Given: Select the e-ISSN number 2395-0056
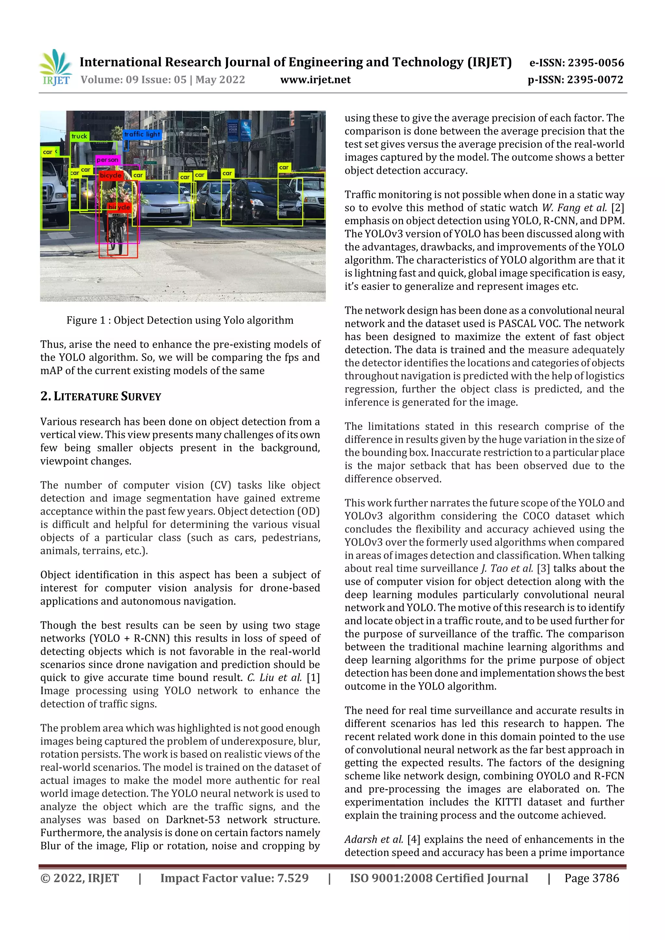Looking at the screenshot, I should [x=596, y=63].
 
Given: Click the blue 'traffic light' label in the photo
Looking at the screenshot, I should [x=142, y=134].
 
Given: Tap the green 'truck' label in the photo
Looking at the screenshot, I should [x=80, y=136].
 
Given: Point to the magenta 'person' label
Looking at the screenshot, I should [x=108, y=160].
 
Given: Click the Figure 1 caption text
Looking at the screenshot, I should [x=180, y=320].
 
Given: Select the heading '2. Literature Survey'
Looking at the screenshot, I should [x=101, y=396].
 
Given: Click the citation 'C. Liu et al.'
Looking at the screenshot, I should [x=274, y=678].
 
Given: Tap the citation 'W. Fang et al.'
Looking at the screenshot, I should [x=574, y=208].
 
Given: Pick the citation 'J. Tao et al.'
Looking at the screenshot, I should [x=507, y=568].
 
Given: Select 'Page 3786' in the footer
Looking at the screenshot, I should [x=591, y=878].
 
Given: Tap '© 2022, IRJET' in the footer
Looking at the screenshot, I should [x=80, y=878].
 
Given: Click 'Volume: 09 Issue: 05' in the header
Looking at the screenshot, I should [x=133, y=80].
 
